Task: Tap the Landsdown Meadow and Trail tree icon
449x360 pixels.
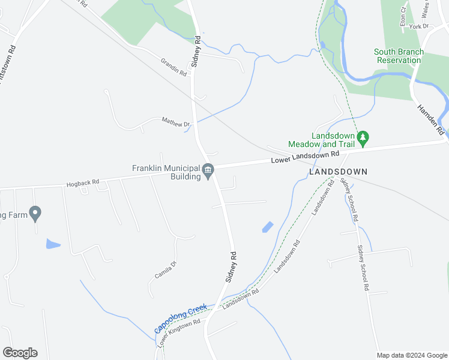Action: (x=363, y=139)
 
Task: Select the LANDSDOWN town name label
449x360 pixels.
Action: (x=337, y=172)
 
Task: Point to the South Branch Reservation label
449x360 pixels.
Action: (x=399, y=56)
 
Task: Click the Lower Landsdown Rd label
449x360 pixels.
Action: (x=305, y=157)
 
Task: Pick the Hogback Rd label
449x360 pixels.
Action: (x=83, y=181)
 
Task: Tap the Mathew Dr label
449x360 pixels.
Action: (x=175, y=122)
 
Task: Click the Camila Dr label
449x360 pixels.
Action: (x=165, y=269)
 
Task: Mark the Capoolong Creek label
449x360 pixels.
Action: (x=180, y=319)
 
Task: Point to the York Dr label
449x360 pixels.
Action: (x=419, y=26)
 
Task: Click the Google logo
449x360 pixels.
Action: (x=20, y=353)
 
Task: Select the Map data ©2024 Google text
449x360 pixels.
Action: (x=412, y=355)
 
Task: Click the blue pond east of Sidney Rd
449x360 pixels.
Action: (x=268, y=227)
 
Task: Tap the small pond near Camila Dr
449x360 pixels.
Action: (x=53, y=244)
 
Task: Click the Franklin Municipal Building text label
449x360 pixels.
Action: (x=166, y=172)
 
